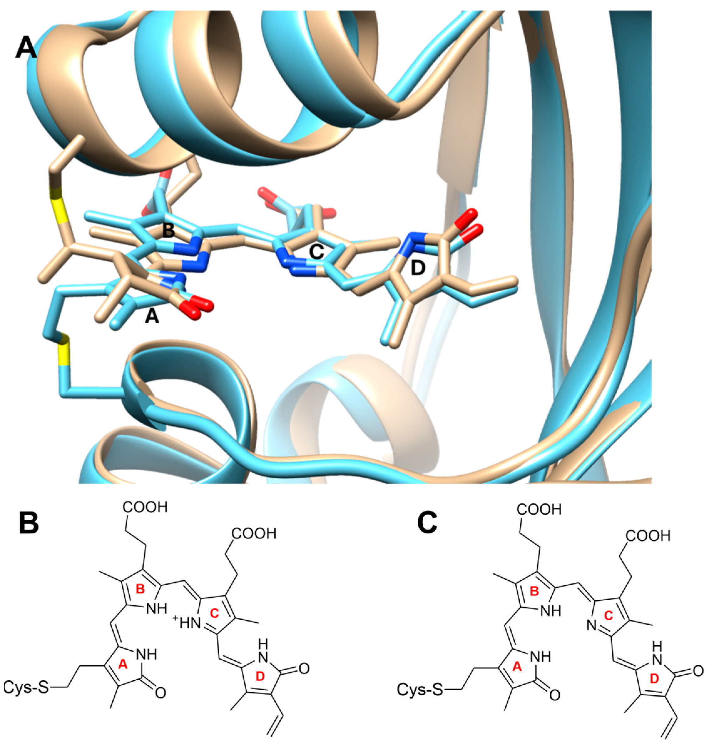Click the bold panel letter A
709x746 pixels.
pyautogui.click(x=26, y=49)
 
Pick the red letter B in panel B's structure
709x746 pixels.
pyautogui.click(x=140, y=589)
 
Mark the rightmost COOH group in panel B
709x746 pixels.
pyautogui.click(x=254, y=533)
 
